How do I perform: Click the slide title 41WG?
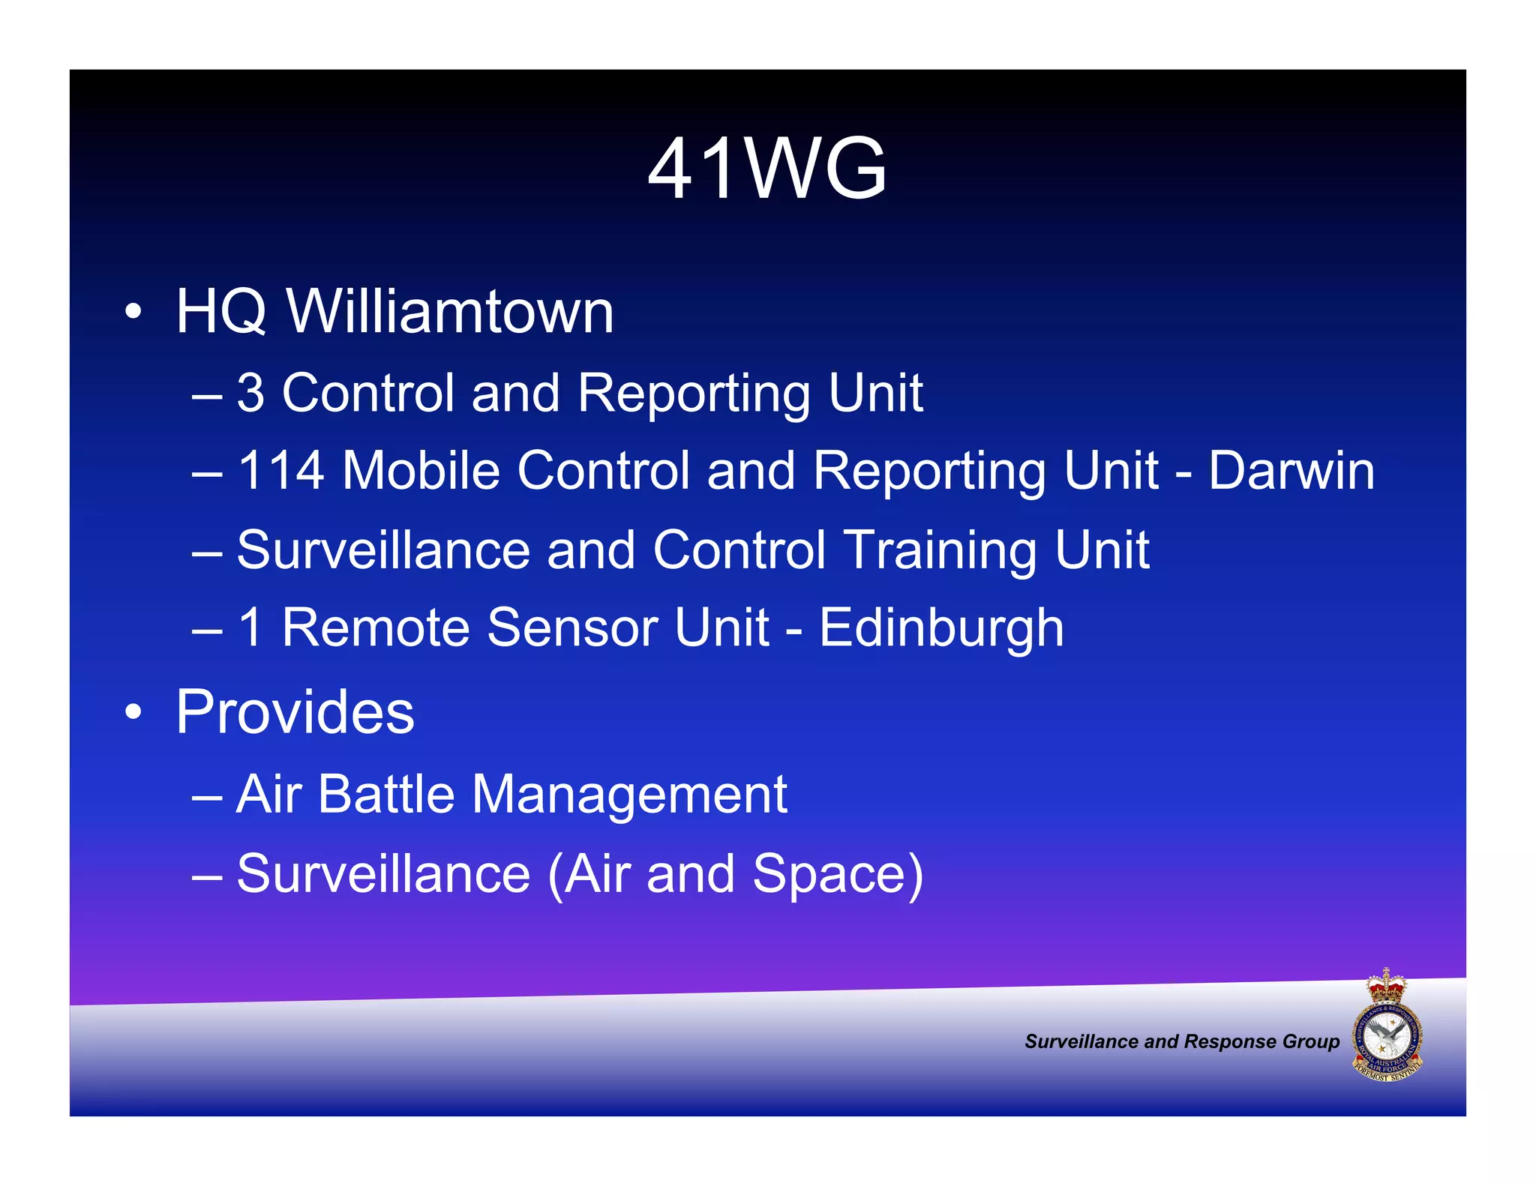pyautogui.click(x=767, y=169)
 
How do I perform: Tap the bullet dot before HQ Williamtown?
pyautogui.click(x=133, y=312)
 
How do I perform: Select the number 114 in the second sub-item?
pyautogui.click(x=280, y=471)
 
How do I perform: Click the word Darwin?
pyautogui.click(x=1291, y=471)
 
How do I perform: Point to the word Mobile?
pyautogui.click(x=421, y=471)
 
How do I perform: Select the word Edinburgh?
pyautogui.click(x=940, y=628)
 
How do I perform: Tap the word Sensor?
pyautogui.click(x=572, y=627)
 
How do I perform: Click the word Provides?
pyautogui.click(x=295, y=712)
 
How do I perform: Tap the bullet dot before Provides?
pyautogui.click(x=133, y=712)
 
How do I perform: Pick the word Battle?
pyautogui.click(x=385, y=794)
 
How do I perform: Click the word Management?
pyautogui.click(x=629, y=795)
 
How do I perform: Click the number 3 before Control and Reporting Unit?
pyautogui.click(x=250, y=393)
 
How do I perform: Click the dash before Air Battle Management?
pyautogui.click(x=206, y=797)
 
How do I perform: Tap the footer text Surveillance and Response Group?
pyautogui.click(x=1181, y=1041)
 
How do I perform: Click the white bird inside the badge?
pyautogui.click(x=1386, y=1038)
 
